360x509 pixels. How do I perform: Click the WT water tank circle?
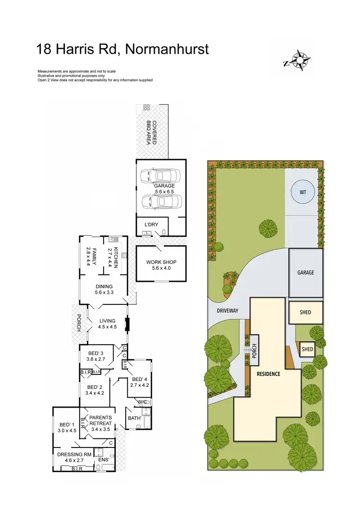click(x=303, y=192)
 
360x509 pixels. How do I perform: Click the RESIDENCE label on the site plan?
click(x=268, y=374)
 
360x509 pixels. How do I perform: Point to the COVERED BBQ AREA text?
click(x=152, y=132)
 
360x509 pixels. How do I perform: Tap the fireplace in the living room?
click(x=127, y=325)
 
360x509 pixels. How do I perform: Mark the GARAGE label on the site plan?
click(x=305, y=272)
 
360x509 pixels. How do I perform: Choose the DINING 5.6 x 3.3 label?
click(x=104, y=290)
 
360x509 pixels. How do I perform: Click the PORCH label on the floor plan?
click(x=78, y=322)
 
